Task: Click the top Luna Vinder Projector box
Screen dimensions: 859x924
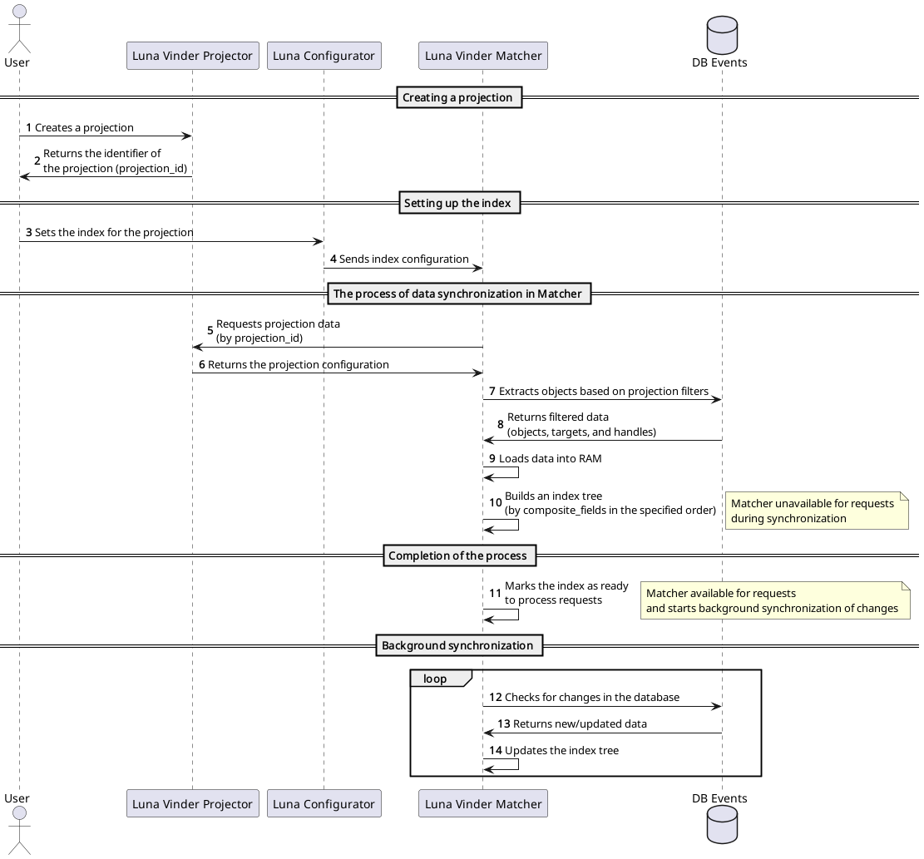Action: point(192,56)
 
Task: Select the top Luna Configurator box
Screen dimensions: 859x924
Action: point(324,56)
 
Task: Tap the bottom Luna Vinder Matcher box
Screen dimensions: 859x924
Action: point(482,803)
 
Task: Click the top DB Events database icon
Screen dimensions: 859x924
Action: point(721,35)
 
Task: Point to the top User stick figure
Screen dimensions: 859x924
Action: point(17,28)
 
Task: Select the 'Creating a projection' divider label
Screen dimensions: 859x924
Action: point(458,97)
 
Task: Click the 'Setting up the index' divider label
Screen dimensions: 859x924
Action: point(459,203)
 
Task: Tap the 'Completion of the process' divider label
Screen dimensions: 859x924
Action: point(458,555)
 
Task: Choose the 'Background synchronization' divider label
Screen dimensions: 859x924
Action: point(458,645)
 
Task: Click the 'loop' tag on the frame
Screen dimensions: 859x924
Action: point(436,679)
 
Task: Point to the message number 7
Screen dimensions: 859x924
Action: point(492,391)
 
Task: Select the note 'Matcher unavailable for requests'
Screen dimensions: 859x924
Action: point(816,511)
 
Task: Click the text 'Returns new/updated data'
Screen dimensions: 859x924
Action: point(580,723)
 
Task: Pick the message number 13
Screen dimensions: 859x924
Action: point(504,723)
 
